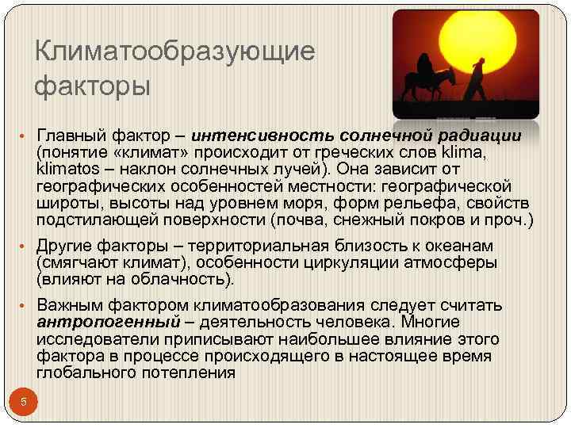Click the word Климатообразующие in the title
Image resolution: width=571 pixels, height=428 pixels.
click(x=175, y=52)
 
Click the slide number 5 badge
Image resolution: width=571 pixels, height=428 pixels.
click(x=24, y=402)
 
